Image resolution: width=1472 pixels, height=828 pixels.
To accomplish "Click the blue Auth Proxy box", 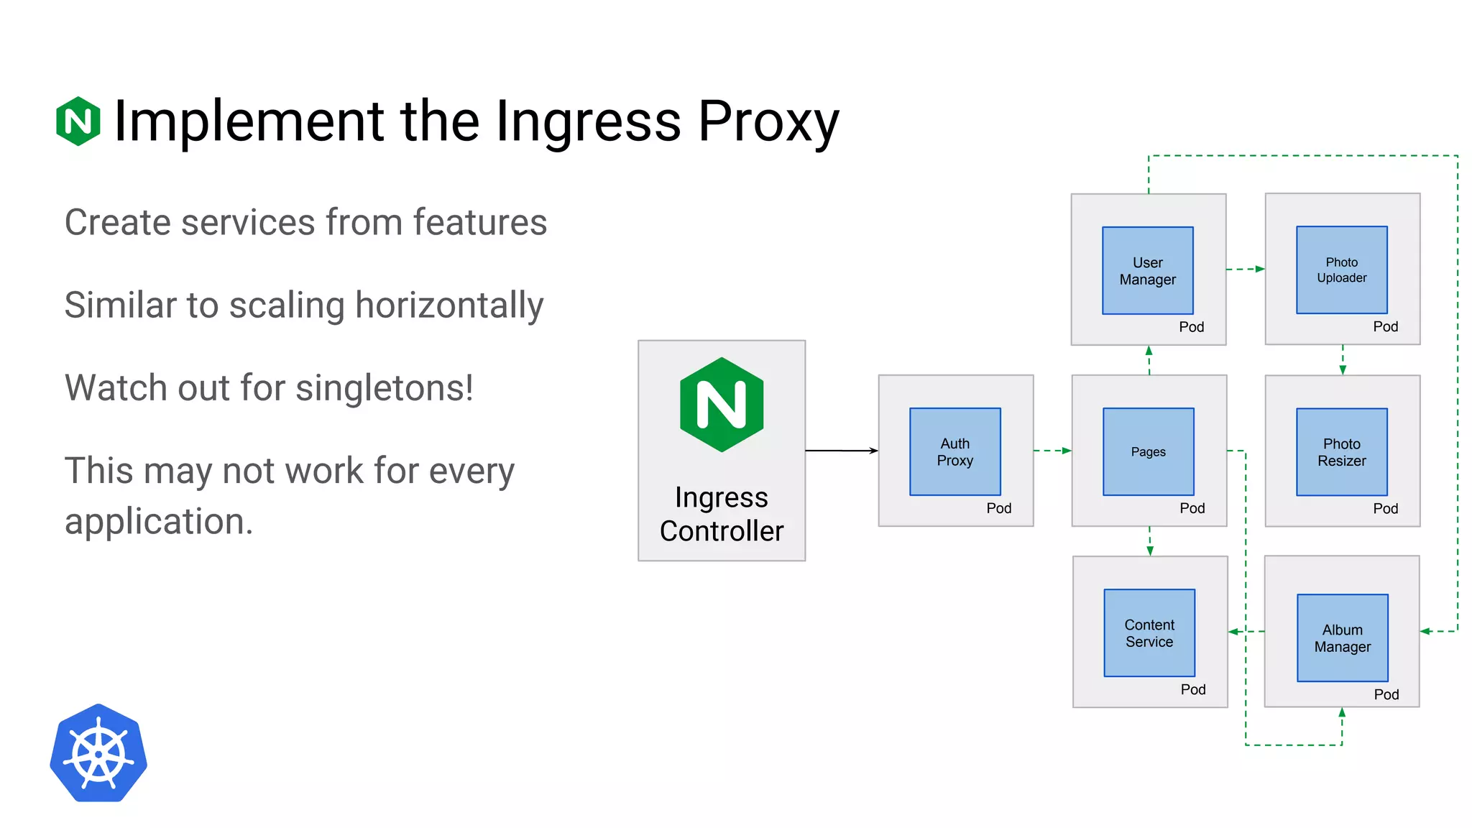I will click(954, 451).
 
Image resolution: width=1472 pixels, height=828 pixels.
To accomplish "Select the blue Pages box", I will click(1148, 451).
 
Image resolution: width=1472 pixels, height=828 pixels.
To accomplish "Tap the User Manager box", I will click(1147, 270).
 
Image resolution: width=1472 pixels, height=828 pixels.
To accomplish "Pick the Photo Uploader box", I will click(1341, 270).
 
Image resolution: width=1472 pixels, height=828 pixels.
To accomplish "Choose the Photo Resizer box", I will click(1341, 452).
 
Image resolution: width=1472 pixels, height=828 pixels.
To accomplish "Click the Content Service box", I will click(1149, 632).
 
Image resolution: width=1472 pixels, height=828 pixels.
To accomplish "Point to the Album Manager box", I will click(1342, 638).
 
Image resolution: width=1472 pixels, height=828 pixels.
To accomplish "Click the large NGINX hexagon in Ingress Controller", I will click(722, 405).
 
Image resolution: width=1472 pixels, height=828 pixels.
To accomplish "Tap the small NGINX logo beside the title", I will click(78, 121).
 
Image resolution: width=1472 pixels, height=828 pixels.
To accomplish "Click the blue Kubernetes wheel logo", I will click(98, 753).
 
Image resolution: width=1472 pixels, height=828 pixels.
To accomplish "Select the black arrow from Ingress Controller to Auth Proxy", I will click(841, 451).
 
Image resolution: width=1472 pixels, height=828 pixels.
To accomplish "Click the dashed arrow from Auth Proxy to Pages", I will click(1052, 451).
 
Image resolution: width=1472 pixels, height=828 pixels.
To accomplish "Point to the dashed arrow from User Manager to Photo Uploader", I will click(1245, 269).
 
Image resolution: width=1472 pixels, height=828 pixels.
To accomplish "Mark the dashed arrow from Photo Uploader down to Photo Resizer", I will click(1342, 359).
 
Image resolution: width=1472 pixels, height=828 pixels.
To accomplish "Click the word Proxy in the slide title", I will click(768, 121).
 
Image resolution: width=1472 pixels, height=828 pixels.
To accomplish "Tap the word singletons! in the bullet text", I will click(385, 388).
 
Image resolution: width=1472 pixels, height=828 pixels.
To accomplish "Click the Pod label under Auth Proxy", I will click(998, 508).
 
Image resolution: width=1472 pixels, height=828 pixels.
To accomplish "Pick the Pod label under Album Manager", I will click(1386, 694).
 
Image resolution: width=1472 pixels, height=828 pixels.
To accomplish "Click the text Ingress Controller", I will click(722, 514).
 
